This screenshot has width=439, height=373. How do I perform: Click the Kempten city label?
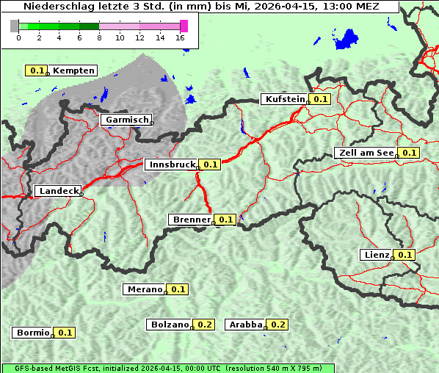pos(73,70)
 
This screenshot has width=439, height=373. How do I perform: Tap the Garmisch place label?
pos(127,120)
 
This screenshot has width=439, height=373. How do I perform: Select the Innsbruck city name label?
pos(172,164)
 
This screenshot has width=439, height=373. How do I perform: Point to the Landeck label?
pos(59,191)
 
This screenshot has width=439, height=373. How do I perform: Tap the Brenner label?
pos(191,220)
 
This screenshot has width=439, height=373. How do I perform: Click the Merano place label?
pos(144,289)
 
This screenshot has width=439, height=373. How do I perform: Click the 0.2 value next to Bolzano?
pos(205,325)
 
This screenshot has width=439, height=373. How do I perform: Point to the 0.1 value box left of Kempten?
pos(37,70)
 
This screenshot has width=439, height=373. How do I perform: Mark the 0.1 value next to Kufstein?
pos(320,99)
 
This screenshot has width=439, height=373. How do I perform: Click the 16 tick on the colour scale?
pos(181,37)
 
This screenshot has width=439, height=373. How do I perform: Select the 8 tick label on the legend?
pos(99,37)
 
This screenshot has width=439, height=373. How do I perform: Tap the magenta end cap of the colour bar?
pos(184,26)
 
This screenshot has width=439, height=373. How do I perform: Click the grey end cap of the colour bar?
pos(15,26)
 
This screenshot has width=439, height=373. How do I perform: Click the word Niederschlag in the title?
pos(53,7)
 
